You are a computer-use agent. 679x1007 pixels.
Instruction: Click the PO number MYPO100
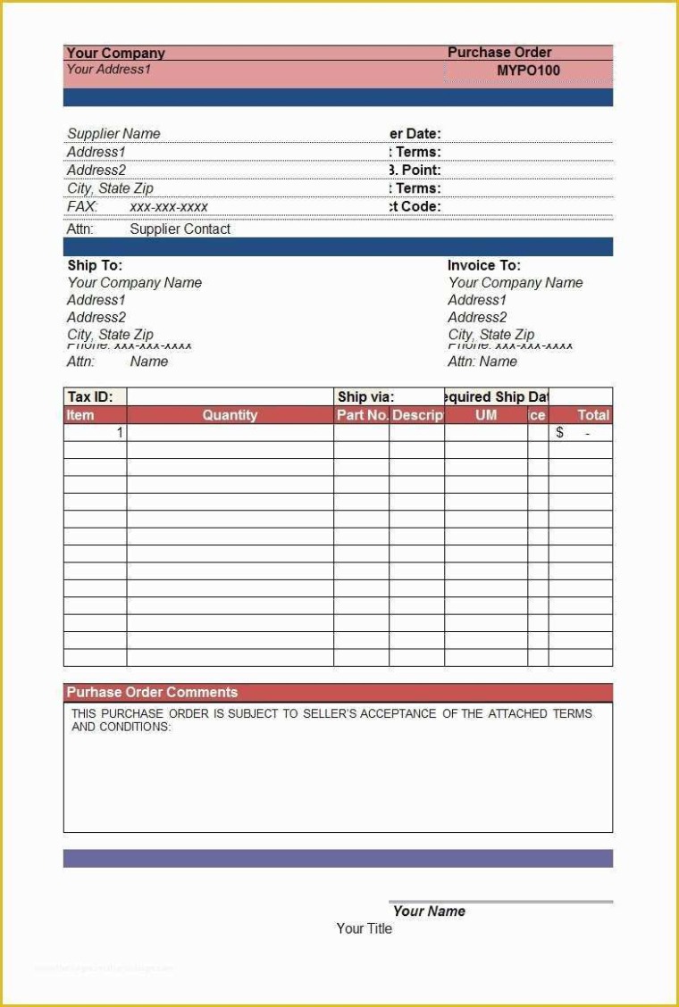coord(528,71)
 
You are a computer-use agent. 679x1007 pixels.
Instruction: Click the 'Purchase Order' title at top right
coord(499,53)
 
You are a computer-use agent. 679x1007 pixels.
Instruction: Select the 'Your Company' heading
coord(115,54)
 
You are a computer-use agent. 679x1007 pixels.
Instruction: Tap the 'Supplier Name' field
coord(113,134)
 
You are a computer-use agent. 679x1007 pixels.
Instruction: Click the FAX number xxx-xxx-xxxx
coord(169,206)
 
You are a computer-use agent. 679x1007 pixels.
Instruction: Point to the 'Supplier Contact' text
coord(180,229)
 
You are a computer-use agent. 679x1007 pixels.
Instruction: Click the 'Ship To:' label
coord(95,265)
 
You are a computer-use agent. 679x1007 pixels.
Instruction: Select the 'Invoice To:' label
coord(483,265)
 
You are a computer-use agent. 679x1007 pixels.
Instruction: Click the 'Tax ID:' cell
coord(90,397)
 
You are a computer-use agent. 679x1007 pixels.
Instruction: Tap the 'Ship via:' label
coord(365,397)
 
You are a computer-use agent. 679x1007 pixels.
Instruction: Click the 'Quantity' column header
coord(230,415)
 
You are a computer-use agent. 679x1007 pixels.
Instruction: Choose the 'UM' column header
coord(486,415)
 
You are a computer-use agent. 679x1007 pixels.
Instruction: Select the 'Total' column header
coord(593,415)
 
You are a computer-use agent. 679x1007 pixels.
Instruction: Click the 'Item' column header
coord(80,415)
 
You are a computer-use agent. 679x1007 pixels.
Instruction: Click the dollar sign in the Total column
coord(560,433)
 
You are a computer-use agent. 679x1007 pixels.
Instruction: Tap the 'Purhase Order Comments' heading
coord(152,692)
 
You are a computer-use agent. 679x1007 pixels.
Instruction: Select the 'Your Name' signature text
coord(429,911)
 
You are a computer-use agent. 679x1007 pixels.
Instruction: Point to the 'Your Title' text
coord(364,928)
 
